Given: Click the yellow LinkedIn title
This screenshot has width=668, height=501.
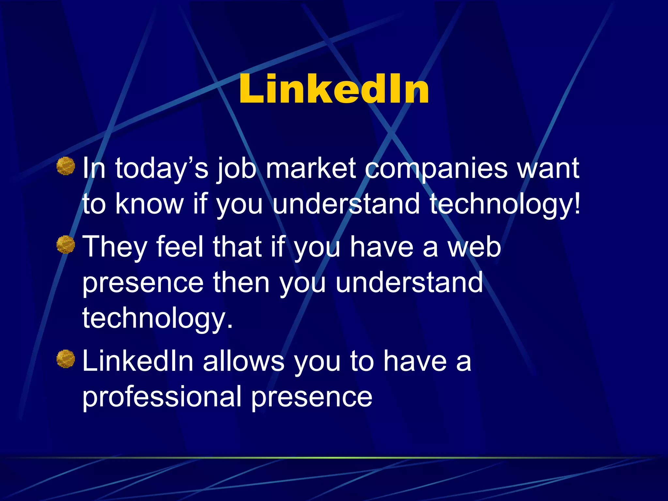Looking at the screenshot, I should [x=334, y=89].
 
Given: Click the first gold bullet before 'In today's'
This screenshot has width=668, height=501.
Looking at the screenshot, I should [x=66, y=166].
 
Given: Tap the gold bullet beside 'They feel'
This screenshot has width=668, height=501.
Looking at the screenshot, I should [x=66, y=245].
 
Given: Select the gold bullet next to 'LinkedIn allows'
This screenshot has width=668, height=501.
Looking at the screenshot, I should [x=66, y=359].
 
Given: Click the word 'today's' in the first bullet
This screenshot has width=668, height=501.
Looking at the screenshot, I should [x=162, y=169].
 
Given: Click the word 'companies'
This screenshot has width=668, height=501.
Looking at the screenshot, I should [x=436, y=169].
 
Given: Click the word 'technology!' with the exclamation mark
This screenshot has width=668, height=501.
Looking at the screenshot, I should [x=505, y=204].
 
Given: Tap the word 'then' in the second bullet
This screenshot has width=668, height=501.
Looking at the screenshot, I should [x=241, y=282].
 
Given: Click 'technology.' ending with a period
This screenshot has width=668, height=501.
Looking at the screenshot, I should [x=158, y=318].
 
